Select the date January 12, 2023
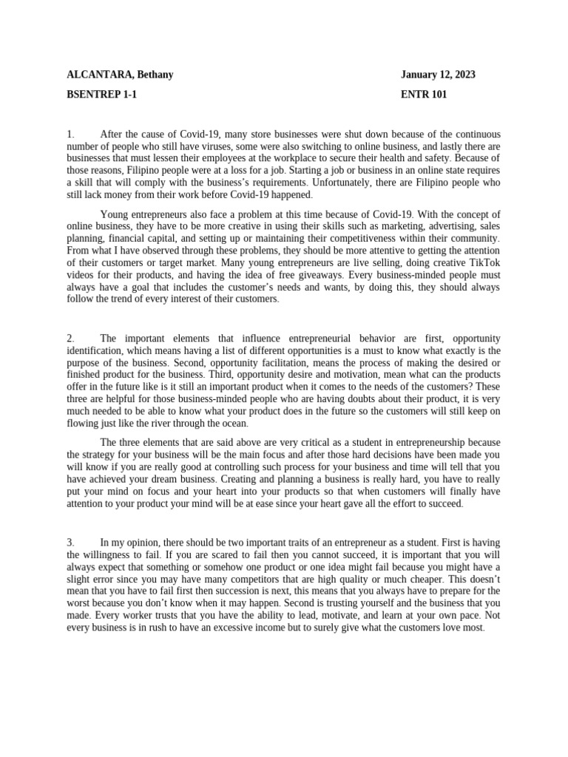[438, 75]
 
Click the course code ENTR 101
[424, 95]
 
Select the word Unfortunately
[345, 182]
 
